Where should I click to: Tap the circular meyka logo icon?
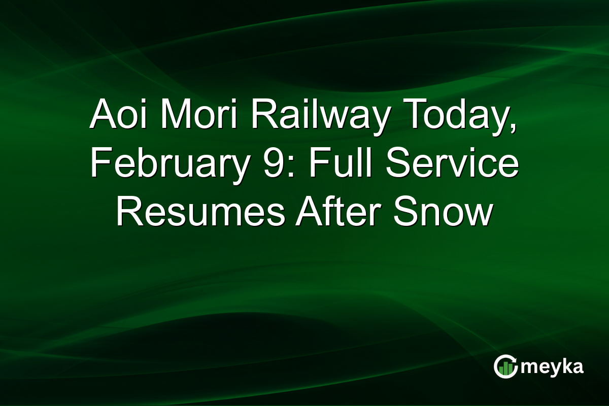click(x=505, y=367)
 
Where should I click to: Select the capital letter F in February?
click(x=99, y=165)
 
